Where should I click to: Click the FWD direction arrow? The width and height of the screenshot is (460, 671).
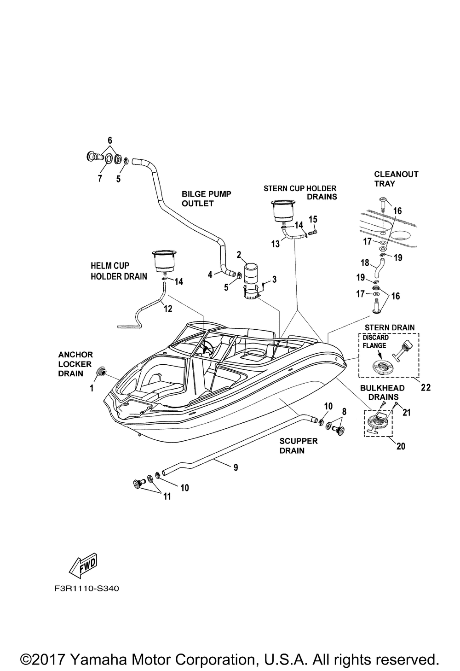click(x=83, y=566)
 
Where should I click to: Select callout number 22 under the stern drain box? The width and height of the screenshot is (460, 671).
click(x=425, y=388)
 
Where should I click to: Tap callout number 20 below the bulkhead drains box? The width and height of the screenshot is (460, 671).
click(x=401, y=446)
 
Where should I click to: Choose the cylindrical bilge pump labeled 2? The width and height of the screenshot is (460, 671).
click(x=251, y=273)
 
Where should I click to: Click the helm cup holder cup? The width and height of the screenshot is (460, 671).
click(x=163, y=261)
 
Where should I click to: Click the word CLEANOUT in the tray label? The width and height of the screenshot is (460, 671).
click(x=396, y=174)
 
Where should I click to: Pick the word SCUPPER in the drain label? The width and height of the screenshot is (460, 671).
click(x=299, y=441)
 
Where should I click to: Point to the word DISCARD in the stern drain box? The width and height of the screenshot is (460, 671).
click(x=376, y=337)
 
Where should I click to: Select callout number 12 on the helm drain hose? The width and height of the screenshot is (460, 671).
click(x=168, y=309)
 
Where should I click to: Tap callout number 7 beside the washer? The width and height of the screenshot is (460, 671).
click(x=100, y=178)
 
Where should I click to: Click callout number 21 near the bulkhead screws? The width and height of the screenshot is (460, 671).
click(x=407, y=413)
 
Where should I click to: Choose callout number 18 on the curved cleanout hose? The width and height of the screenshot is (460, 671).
click(x=365, y=263)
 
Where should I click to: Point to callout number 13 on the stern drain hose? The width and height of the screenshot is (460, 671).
click(x=276, y=244)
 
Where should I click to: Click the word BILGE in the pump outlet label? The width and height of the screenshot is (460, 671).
click(x=193, y=194)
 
